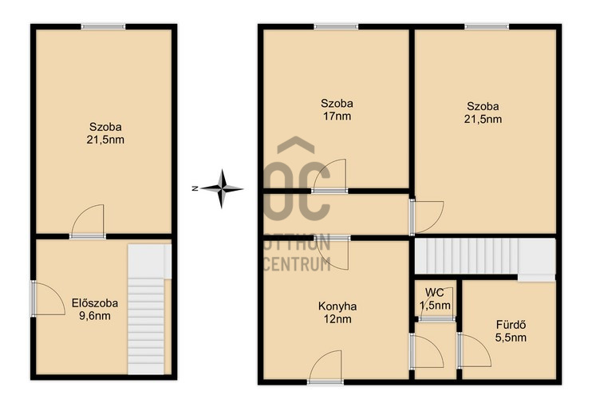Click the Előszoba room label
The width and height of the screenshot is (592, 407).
(95, 302)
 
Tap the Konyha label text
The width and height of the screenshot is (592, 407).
(337, 306)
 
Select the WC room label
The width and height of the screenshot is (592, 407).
(434, 292)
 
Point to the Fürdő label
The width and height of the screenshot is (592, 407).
(511, 324)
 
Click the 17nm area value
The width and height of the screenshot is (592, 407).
(337, 116)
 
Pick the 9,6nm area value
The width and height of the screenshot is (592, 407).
(95, 316)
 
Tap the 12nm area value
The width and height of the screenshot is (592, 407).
(337, 319)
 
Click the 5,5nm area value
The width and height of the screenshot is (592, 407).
(511, 337)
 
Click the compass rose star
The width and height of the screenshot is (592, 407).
(222, 188)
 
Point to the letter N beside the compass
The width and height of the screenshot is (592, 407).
(195, 188)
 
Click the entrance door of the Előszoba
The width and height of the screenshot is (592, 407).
(48, 298)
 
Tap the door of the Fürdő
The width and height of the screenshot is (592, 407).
(474, 350)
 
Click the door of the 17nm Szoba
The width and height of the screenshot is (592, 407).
(330, 176)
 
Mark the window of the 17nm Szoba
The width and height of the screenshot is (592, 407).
(336, 26)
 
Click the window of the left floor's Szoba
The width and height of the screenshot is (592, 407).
(103, 26)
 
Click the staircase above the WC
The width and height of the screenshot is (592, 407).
(485, 259)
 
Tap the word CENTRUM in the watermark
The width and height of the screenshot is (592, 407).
(296, 264)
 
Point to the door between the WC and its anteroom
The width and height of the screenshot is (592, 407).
(436, 319)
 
